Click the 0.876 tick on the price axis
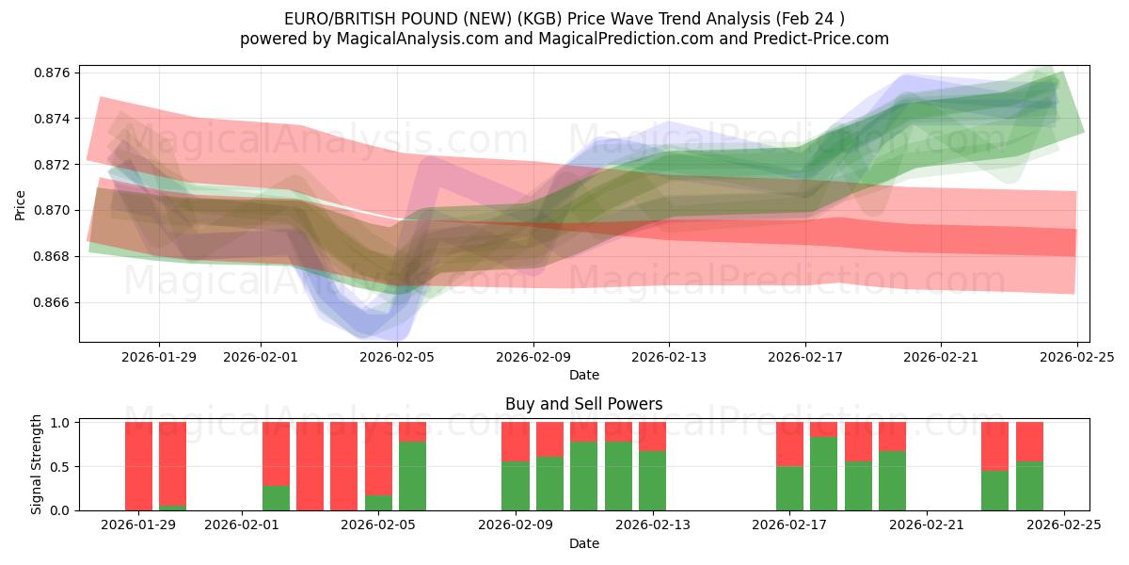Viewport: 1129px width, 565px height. (56, 73)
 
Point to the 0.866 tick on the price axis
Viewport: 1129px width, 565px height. (56, 302)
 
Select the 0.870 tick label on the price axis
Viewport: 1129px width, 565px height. (56, 210)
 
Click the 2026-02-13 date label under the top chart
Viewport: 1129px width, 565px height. (669, 358)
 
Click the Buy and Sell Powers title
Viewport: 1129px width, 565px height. (583, 404)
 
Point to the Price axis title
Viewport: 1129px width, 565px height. (21, 204)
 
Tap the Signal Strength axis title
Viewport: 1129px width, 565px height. (37, 464)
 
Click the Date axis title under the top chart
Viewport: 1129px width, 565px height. (583, 375)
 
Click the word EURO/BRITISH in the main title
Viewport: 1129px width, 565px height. (333, 19)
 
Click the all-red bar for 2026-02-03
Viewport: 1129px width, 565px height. (310, 466)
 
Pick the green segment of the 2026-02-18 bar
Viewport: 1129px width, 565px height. (823, 474)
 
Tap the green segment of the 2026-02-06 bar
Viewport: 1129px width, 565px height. (412, 476)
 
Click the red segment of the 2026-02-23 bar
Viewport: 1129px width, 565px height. (994, 445)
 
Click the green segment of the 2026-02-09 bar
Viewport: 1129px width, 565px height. (516, 486)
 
